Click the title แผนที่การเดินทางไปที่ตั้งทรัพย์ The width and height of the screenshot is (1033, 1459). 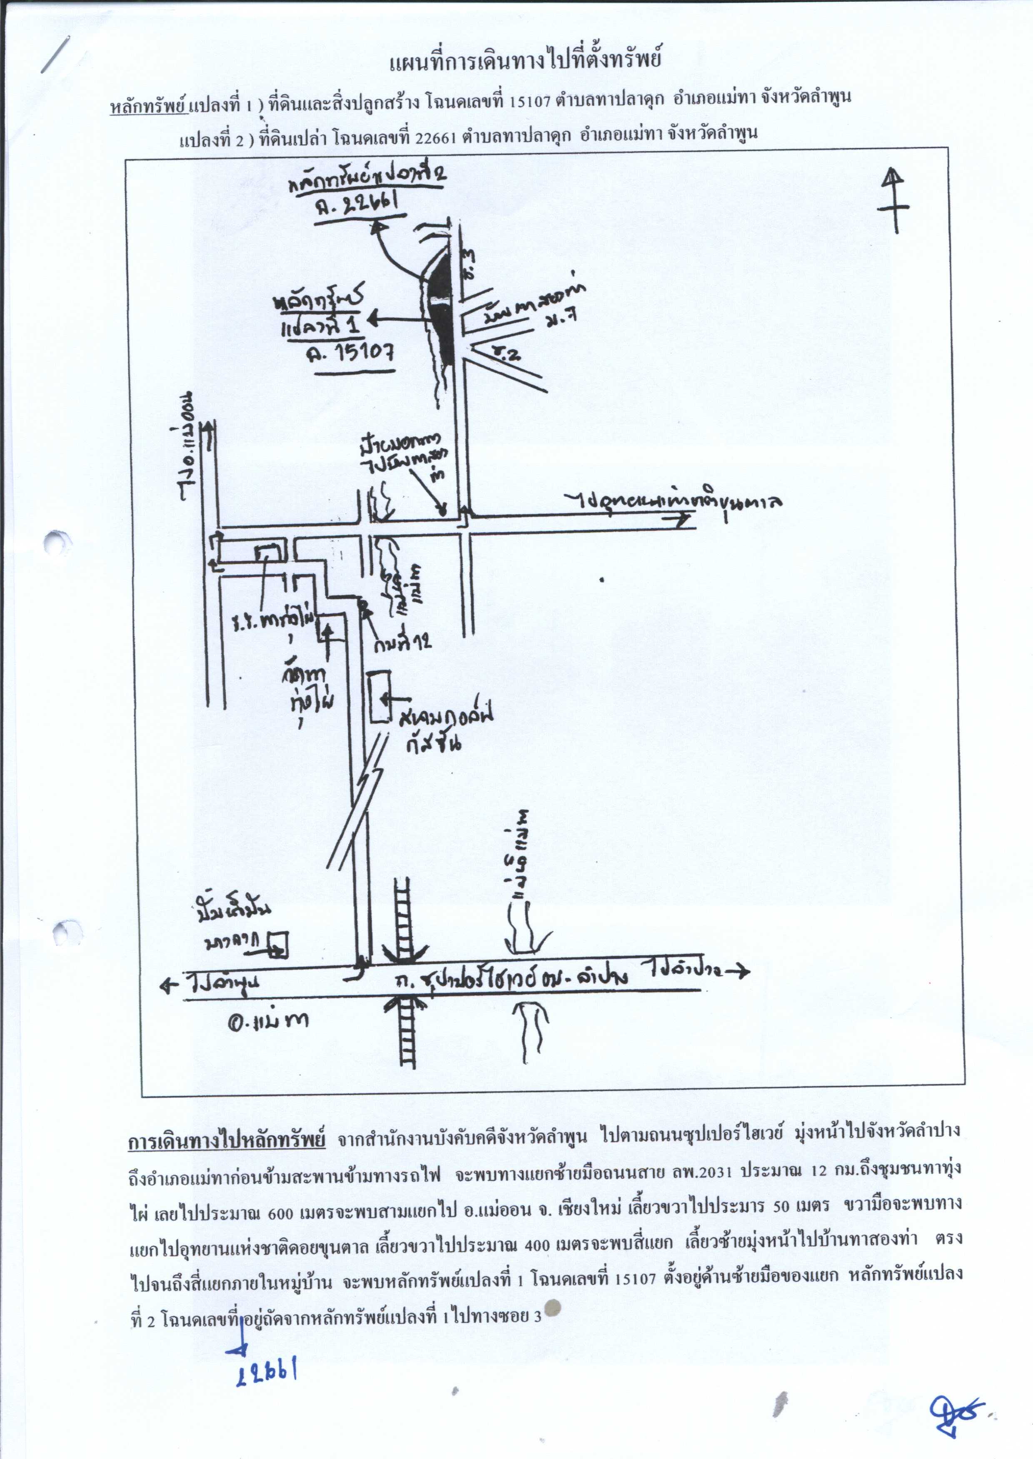525,62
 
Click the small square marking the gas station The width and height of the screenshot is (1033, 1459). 277,945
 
